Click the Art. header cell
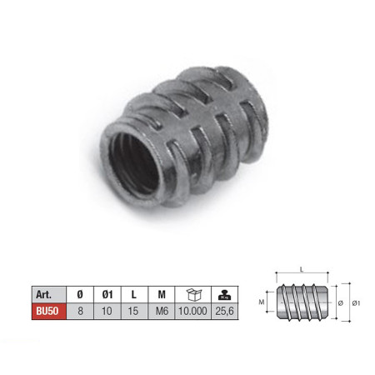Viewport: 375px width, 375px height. [49, 294]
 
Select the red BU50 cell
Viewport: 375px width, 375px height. [49, 311]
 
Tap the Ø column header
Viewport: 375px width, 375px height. [80, 294]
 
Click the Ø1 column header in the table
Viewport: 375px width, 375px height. [107, 294]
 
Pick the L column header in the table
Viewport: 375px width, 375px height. [134, 294]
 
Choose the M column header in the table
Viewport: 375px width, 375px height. [162, 294]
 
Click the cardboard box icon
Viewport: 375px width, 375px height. [193, 294]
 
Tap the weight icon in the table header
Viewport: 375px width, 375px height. [224, 295]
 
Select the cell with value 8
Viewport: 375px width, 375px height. [80, 311]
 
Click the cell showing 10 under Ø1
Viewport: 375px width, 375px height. [107, 311]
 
